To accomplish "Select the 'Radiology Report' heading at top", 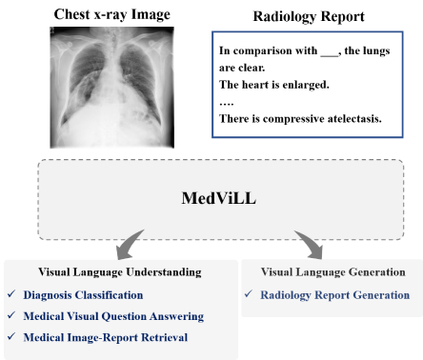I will point(303,16).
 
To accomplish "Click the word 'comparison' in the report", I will point(264,50).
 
